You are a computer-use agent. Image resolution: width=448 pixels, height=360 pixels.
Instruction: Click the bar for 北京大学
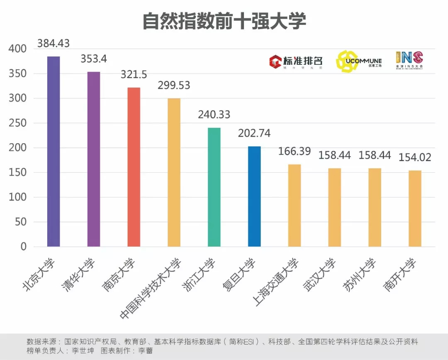54,152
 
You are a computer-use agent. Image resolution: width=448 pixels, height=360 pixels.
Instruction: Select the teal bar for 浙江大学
214,187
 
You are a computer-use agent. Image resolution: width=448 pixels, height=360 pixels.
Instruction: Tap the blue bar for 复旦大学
254,196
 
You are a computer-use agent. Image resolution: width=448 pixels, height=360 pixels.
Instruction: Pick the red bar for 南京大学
134,167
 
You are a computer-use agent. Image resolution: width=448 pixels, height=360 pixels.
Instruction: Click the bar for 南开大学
415,208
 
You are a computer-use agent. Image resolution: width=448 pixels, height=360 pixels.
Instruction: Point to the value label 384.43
54,43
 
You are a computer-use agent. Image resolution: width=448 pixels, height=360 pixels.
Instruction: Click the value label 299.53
174,85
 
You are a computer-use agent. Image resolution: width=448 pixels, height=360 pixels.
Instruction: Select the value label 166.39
294,152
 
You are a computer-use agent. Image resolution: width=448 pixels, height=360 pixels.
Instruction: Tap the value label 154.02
415,158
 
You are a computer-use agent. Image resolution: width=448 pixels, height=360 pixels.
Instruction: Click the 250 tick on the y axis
17,123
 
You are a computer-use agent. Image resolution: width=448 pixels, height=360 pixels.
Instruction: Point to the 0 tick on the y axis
23,247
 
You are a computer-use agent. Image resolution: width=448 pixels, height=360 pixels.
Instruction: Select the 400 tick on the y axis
17,49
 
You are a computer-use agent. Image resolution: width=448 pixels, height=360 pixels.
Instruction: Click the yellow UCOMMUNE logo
358,61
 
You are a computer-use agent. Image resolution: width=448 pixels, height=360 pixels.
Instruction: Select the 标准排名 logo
295,61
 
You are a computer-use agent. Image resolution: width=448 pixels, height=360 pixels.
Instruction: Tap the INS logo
409,61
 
